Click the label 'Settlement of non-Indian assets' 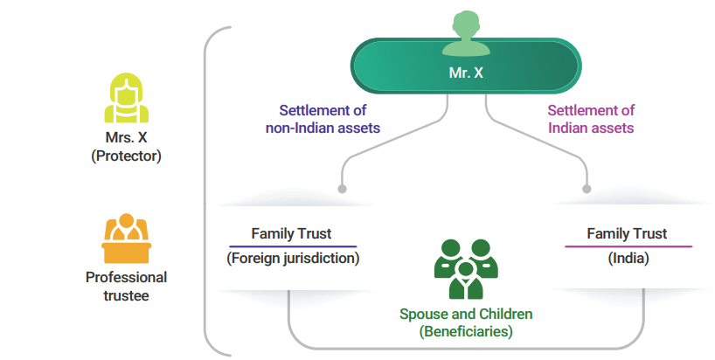coord(323,119)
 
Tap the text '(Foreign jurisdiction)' coord(293,259)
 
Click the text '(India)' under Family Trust coord(627,259)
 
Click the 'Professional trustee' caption coord(126,286)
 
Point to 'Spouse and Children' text coord(466,314)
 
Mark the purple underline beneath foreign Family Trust coord(293,246)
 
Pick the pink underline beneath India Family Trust coord(628,246)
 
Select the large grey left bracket coord(208,192)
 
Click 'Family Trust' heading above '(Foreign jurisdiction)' coord(292,233)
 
